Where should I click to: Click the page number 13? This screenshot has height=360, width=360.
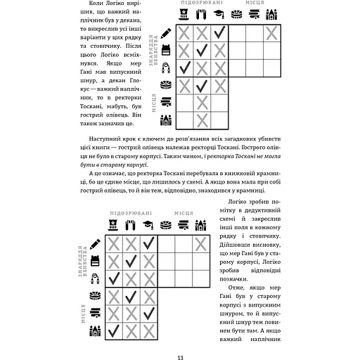coord(180,358)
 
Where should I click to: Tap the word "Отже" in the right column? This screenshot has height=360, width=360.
coord(236,288)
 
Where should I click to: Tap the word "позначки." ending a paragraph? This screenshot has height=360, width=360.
coord(233,279)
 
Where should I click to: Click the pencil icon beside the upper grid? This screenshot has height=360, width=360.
coord(166,33)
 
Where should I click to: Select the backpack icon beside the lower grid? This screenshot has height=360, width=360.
coord(95,261)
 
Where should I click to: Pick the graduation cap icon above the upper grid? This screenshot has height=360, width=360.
coord(219,14)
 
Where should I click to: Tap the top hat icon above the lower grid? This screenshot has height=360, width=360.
coord(113,225)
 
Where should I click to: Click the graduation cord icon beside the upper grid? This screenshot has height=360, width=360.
coord(166,67)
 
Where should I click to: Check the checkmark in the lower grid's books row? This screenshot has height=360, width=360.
coord(149,314)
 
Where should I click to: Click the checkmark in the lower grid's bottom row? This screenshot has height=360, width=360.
coord(114,330)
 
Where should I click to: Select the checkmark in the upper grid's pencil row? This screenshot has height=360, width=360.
coord(219,32)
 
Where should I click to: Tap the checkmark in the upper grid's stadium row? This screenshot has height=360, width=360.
coord(202,86)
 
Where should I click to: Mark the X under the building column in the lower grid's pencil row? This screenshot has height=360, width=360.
coord(201,244)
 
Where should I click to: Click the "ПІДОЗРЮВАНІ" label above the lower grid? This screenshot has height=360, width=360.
coord(131,213)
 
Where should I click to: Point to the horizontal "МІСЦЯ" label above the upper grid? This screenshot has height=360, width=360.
coord(255,3)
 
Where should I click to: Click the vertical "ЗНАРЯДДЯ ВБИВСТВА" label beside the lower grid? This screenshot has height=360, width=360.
coord(82,261)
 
